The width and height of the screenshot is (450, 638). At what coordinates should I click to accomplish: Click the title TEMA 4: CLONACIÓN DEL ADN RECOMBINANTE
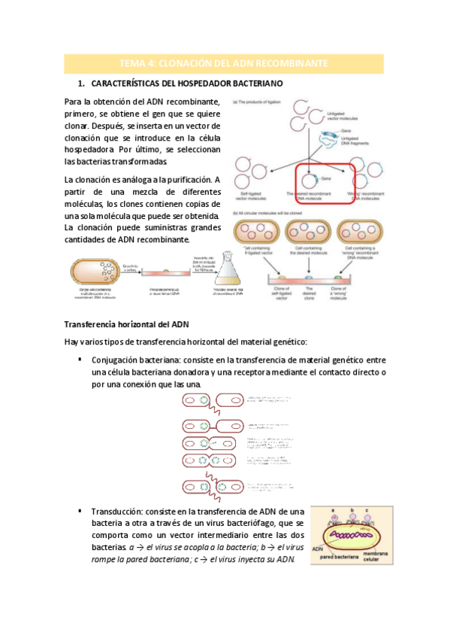tap(225, 62)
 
